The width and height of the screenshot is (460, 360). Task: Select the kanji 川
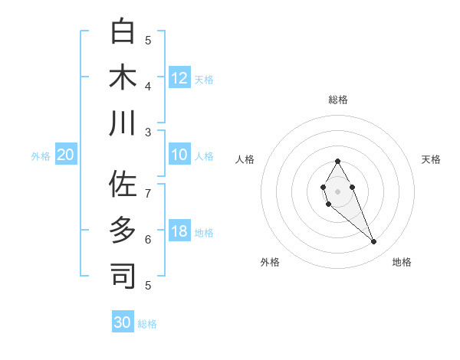123,123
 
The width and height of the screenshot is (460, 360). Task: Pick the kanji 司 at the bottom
123,276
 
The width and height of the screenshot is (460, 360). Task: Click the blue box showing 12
179,77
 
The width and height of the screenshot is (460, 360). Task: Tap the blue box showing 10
179,155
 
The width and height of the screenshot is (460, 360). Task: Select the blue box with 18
179,231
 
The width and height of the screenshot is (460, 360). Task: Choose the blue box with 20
66,155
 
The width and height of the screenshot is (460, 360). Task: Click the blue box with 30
123,322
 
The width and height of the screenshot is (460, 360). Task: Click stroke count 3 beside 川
148,133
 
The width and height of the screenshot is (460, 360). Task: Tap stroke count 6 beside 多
148,239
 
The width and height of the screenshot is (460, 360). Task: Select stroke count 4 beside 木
148,86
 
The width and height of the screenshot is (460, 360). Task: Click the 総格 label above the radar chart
337,100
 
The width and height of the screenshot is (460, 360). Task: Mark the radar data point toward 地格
374,242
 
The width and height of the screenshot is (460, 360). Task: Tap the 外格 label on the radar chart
270,262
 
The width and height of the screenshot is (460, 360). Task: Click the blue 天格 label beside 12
204,79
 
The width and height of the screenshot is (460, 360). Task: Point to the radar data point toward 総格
337,161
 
